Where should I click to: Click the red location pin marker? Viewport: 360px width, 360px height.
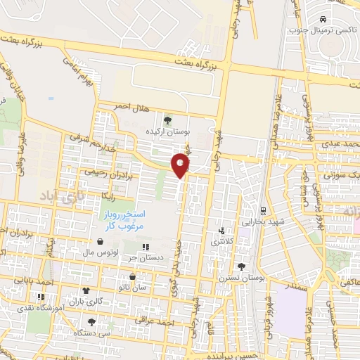tap(181, 165)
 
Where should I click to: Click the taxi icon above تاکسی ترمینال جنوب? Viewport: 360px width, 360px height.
tap(323, 19)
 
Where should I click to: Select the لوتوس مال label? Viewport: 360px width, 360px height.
tap(98, 251)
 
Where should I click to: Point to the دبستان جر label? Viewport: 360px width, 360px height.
tap(146, 257)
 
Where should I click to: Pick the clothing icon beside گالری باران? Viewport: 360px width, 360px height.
tap(86, 290)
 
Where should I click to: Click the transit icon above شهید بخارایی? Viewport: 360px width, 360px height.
tap(262, 210)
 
